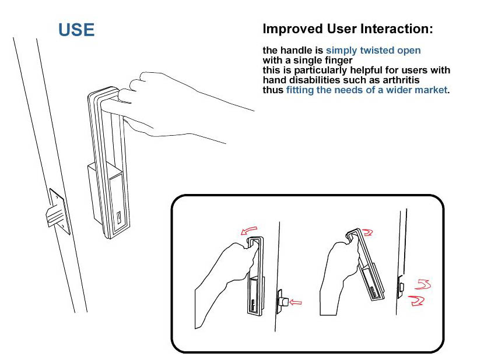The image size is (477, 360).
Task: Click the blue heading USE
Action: [x=76, y=30]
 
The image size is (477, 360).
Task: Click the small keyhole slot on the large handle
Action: [x=119, y=217]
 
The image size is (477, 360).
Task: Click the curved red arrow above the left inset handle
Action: [x=249, y=230]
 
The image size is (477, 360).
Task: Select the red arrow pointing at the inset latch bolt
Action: [x=296, y=302]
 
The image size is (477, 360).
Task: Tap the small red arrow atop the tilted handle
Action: [x=367, y=232]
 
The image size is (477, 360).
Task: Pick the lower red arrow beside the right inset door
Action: [x=416, y=301]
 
